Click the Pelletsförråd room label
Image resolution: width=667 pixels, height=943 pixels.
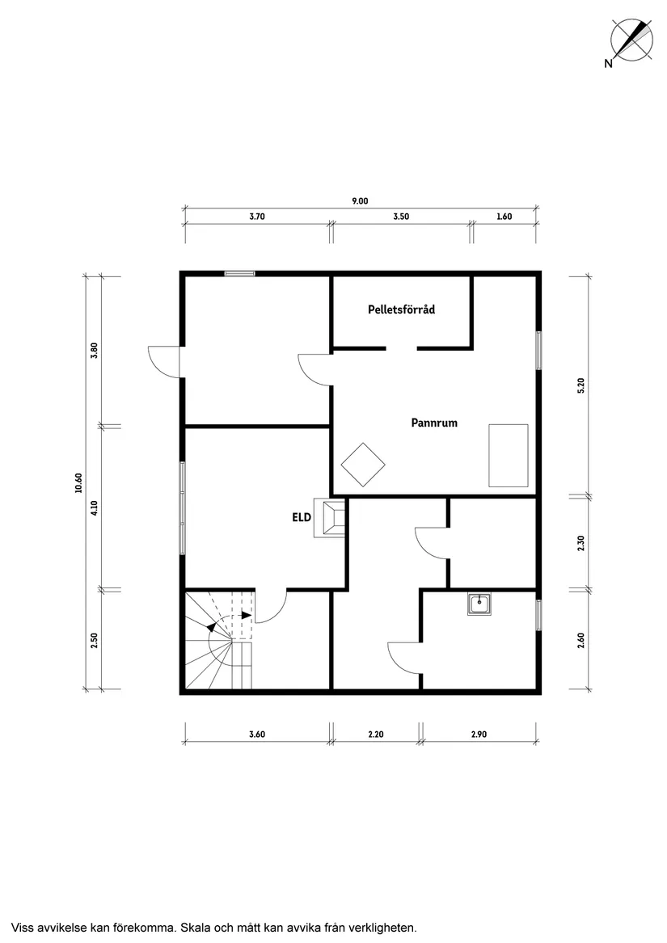402,309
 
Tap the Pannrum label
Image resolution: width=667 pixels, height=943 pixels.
434,423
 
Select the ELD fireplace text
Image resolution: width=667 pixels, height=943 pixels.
302,517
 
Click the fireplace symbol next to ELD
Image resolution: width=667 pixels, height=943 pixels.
329,518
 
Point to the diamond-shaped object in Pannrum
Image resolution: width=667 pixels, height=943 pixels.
363,465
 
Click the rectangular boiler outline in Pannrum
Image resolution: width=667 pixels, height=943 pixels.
508,455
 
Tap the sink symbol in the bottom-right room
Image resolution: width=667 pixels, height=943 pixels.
479,604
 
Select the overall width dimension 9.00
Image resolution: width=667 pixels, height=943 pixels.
360,201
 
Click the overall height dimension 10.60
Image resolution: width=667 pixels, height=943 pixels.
78,483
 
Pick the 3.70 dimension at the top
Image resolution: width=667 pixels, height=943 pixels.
257,217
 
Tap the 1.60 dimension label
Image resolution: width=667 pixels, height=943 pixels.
504,217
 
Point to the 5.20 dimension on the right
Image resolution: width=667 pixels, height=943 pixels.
581,385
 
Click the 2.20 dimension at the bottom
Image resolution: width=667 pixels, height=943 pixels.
375,735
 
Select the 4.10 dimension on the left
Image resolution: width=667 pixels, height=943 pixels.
93,508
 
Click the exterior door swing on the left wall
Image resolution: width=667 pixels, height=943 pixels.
164,362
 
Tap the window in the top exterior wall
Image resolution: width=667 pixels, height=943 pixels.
239,274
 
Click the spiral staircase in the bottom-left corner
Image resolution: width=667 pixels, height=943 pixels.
219,640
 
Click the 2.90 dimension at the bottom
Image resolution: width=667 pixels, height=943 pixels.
479,735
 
